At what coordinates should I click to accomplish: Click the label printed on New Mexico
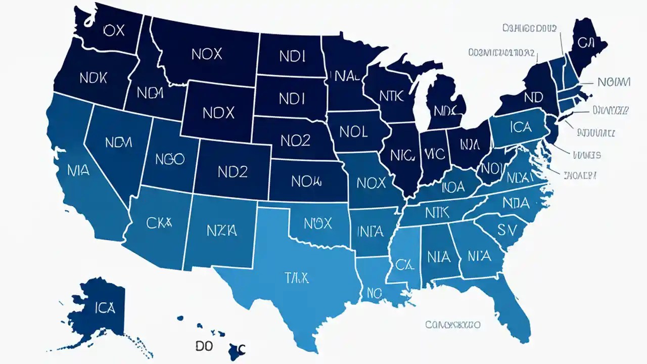222,231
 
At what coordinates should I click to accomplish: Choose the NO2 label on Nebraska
289,141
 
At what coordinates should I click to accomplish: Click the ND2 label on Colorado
233,172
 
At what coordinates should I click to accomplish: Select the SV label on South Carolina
508,230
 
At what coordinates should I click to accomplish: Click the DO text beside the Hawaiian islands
204,346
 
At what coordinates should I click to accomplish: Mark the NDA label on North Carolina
516,203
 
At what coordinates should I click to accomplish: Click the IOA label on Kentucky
453,187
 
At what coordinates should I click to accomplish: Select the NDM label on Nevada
118,143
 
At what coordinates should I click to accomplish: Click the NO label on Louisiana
374,292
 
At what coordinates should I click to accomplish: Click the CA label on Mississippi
405,263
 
